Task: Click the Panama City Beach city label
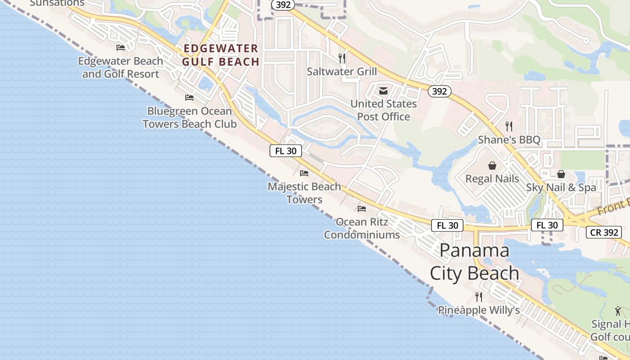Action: pos(474,262)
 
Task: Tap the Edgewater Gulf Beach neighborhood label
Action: pos(221,55)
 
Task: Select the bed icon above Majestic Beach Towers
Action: pos(304,173)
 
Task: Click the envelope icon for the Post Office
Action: pos(383,91)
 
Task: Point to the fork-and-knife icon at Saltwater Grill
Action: pos(342,58)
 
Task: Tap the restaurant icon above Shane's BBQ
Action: pos(509,126)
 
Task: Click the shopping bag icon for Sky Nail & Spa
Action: pos(561,174)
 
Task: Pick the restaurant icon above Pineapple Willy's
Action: pos(479,297)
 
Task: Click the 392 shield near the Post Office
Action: pos(439,91)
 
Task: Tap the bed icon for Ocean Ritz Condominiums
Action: pos(362,209)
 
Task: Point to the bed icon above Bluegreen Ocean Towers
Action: pos(189,98)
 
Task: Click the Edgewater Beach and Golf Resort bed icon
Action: pos(120,48)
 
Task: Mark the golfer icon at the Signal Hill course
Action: pos(618,310)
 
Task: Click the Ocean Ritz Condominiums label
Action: pos(362,228)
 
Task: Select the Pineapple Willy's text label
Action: pos(479,310)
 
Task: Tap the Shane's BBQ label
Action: pos(509,139)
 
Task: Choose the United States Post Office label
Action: pos(383,110)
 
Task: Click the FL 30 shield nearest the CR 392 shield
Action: pos(547,225)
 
